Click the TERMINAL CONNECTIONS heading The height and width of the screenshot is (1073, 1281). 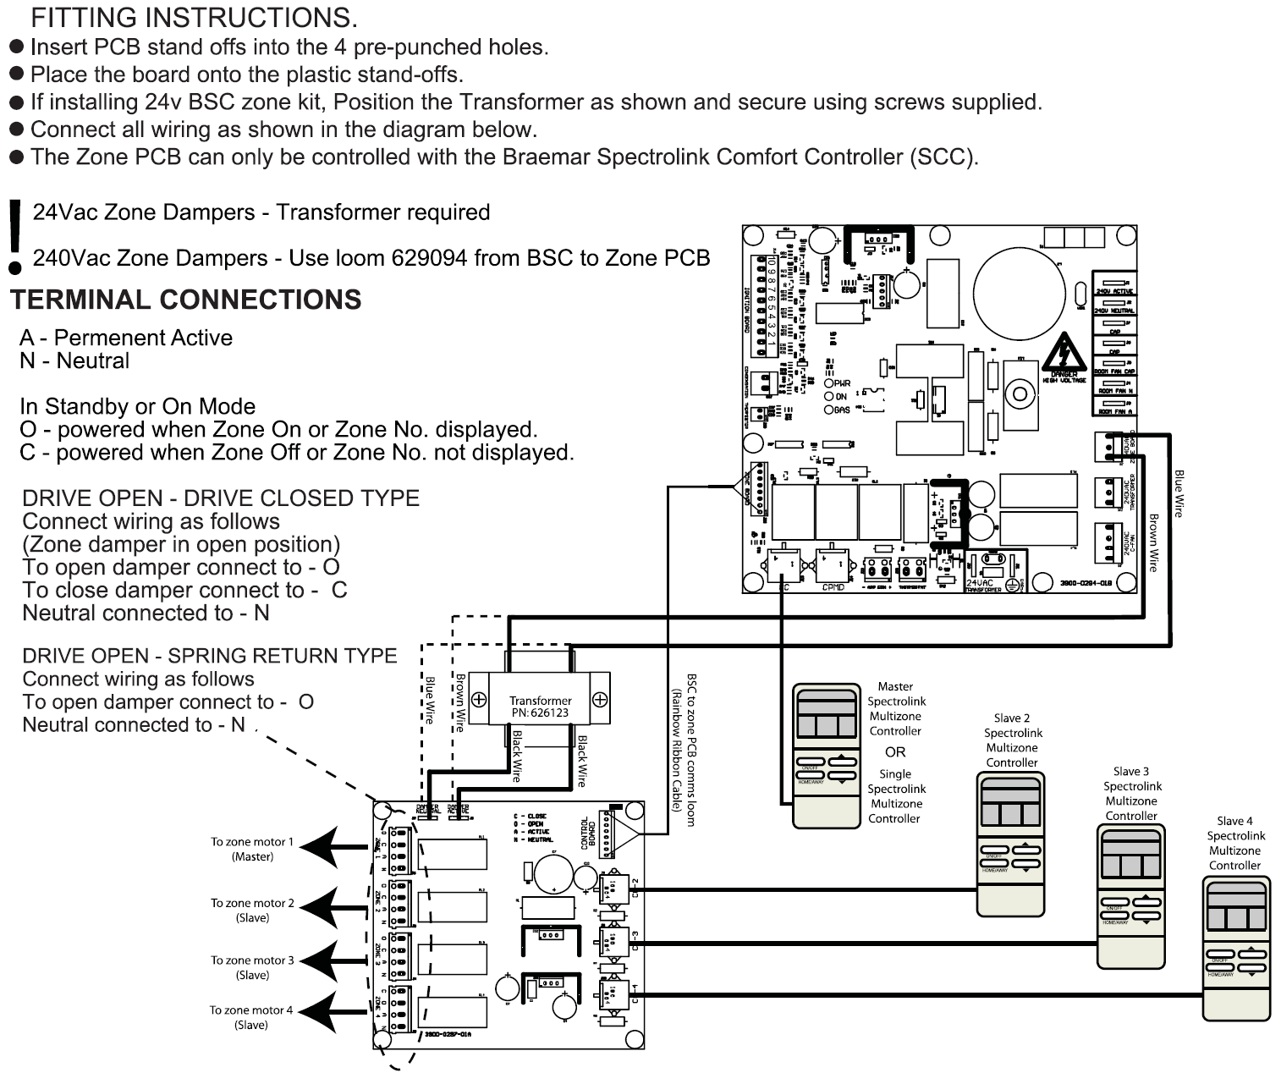click(x=185, y=300)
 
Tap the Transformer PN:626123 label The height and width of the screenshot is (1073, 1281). click(x=540, y=707)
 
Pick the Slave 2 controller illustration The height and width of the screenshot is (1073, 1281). click(x=1010, y=843)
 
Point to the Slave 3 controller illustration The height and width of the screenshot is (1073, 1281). click(x=1130, y=896)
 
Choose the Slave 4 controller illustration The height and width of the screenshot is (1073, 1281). click(x=1236, y=948)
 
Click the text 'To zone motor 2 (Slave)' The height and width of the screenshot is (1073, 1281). click(x=252, y=910)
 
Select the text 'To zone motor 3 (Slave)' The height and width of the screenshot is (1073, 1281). click(x=252, y=967)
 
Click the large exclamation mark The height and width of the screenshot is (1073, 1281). click(x=14, y=237)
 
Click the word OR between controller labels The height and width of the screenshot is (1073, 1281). click(x=895, y=751)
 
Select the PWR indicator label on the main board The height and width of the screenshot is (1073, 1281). click(x=843, y=383)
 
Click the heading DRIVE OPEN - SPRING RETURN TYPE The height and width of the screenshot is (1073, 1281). click(x=210, y=656)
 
